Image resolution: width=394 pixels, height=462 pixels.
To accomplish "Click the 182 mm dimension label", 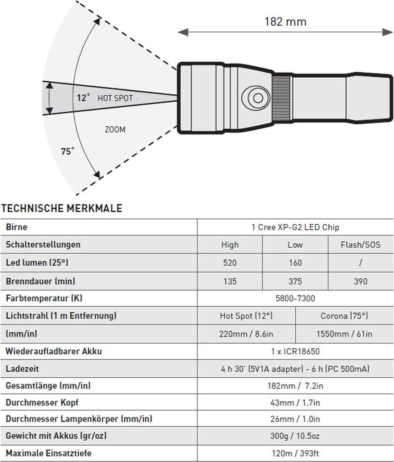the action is (286, 21).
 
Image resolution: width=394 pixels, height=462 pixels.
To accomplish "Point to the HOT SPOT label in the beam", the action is (115, 97).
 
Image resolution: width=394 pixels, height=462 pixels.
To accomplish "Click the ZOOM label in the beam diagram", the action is (115, 129).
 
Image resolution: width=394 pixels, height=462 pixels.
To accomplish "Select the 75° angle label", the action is (68, 151).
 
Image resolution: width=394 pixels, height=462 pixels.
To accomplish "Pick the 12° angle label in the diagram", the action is (83, 97).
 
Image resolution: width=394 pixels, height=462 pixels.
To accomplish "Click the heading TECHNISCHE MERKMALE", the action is (62, 208).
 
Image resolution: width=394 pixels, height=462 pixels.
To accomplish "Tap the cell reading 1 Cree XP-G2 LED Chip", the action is (295, 227).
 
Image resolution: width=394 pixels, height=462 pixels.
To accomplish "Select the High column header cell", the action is (229, 245).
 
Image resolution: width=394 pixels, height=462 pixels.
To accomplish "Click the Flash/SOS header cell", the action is (361, 245).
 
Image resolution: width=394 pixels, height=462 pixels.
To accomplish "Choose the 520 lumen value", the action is (229, 263).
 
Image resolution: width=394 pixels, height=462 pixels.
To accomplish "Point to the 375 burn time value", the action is (295, 282).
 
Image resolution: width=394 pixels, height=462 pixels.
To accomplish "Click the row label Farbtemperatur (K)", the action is (44, 298).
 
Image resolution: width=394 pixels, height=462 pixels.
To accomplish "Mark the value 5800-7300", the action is (295, 298).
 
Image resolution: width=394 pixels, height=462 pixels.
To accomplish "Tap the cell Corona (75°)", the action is (344, 316).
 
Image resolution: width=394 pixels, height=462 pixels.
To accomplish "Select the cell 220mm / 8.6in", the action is (246, 334).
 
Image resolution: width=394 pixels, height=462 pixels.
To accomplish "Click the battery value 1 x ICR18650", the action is (295, 351).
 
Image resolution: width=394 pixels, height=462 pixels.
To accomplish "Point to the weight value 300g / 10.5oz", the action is (295, 436).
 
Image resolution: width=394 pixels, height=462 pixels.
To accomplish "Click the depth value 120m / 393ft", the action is (295, 453).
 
